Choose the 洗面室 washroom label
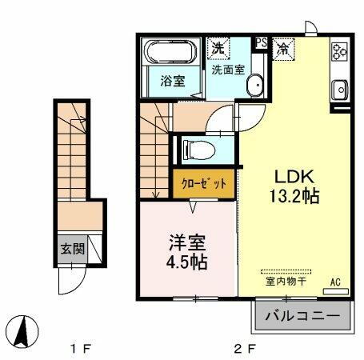tap(227, 70)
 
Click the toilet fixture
tap(196, 149)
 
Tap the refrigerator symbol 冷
tap(282, 47)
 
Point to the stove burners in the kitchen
tap(340, 52)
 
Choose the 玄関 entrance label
tap(73, 249)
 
